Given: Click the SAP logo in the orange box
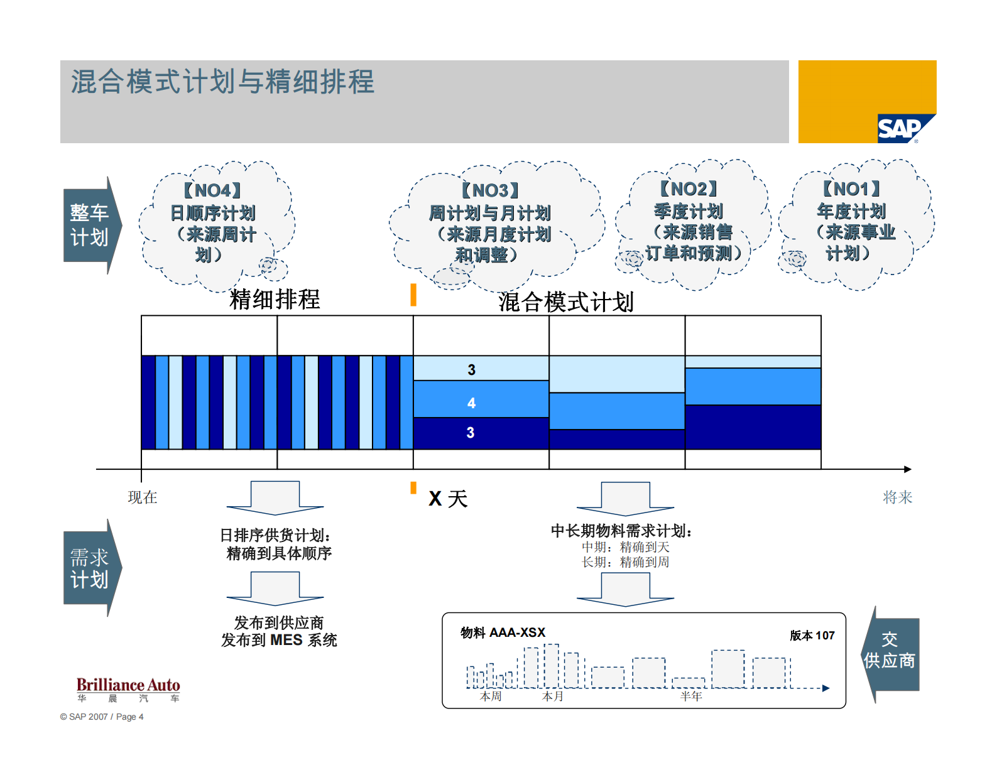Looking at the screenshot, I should pyautogui.click(x=900, y=129).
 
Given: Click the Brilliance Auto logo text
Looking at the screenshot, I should pyautogui.click(x=128, y=685).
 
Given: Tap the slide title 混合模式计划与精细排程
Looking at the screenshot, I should pyautogui.click(x=222, y=82).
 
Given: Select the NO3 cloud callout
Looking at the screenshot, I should pyautogui.click(x=489, y=223).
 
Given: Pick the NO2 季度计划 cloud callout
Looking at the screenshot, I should pyautogui.click(x=692, y=221).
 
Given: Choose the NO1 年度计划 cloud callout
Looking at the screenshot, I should pyautogui.click(x=854, y=221).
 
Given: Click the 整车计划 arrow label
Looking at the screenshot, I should pyautogui.click(x=89, y=225).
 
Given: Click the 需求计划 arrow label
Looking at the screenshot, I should pyautogui.click(x=89, y=568).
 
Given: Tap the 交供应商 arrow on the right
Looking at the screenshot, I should pyautogui.click(x=890, y=651).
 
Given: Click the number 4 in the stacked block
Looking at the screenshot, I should pyautogui.click(x=471, y=403).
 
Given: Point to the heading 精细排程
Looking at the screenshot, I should pyautogui.click(x=275, y=299).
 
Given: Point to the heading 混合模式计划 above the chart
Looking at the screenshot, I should pyautogui.click(x=565, y=302).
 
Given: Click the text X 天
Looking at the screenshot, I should pyautogui.click(x=448, y=499).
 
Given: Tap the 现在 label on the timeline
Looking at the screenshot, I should pyautogui.click(x=143, y=497).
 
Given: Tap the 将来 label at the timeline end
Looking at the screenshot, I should pyautogui.click(x=897, y=497).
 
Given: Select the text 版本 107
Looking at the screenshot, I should pyautogui.click(x=812, y=636).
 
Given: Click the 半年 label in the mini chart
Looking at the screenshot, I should pyautogui.click(x=690, y=696).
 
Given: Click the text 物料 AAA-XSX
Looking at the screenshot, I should pyautogui.click(x=503, y=632).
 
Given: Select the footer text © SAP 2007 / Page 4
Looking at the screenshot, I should pyautogui.click(x=102, y=717).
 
